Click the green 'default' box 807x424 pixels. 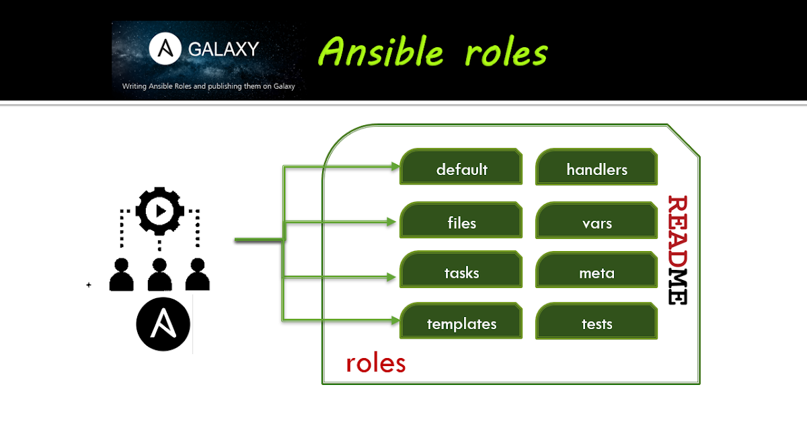click(461, 170)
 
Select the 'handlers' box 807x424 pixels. click(597, 170)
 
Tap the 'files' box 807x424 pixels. click(461, 222)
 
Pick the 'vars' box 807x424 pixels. click(597, 222)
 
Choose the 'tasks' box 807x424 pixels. click(461, 273)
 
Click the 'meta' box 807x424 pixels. click(597, 273)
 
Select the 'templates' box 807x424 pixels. click(461, 324)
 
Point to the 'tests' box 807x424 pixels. click(597, 324)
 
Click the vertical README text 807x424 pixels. click(677, 250)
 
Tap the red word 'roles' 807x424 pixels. click(375, 363)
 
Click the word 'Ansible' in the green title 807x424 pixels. click(381, 52)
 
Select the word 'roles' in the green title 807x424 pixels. click(505, 52)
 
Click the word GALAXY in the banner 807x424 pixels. click(223, 49)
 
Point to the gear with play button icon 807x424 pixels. click(159, 211)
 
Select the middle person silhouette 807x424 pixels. click(159, 274)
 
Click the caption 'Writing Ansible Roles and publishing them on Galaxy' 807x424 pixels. click(208, 86)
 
